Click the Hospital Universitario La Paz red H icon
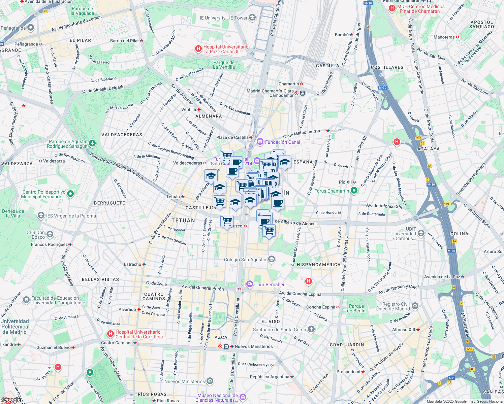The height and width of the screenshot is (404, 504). tap(198, 49)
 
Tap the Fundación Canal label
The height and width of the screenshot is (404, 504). tap(282, 142)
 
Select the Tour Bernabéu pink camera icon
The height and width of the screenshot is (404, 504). tap(249, 284)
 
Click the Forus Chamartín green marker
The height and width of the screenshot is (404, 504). tap(354, 191)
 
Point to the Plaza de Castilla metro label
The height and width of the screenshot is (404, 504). tap(232, 137)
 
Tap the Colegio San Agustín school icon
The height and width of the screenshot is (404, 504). tap(272, 260)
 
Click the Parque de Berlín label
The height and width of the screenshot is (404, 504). tap(357, 308)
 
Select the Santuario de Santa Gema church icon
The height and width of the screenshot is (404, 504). tap(311, 330)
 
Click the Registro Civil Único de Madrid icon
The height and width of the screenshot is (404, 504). tap(415, 306)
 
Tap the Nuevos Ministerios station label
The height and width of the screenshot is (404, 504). tap(253, 346)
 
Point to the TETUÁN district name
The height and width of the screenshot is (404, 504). tap(183, 221)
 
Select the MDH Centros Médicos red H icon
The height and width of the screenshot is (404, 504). tap(392, 8)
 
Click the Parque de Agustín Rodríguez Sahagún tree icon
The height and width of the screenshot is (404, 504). tap(92, 144)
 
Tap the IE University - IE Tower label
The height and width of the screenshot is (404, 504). tap(223, 18)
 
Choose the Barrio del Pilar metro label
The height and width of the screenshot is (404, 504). tap(124, 41)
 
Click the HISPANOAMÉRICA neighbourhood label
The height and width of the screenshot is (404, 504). tap(318, 265)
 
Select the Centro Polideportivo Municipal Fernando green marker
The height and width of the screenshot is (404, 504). tap(70, 194)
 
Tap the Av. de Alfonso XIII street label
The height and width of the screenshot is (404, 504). tap(384, 206)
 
